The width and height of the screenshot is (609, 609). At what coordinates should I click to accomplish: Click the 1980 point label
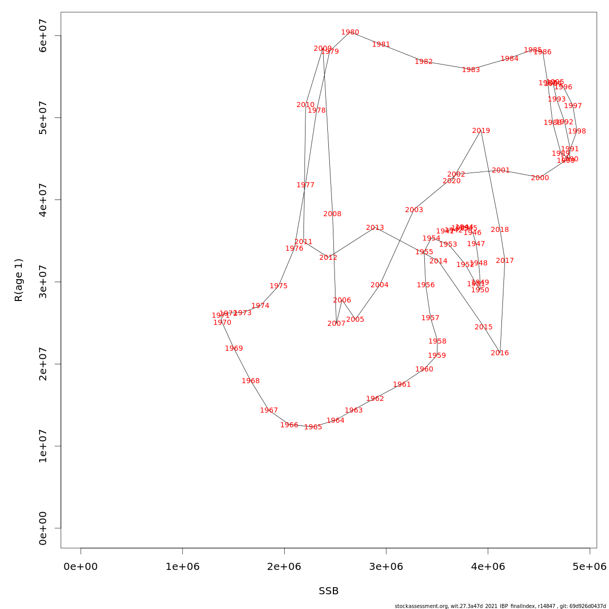[x=350, y=32]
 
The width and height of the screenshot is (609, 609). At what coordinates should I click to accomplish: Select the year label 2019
[x=481, y=131]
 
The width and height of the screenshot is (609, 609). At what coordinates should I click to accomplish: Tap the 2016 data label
[x=500, y=353]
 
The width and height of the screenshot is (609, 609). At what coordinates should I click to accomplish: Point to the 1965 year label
[x=313, y=427]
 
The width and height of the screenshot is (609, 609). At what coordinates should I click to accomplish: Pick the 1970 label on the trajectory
[x=222, y=323]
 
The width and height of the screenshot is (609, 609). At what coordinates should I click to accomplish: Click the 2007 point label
[x=336, y=324]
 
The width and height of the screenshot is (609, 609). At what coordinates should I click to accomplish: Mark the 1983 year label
[x=471, y=70]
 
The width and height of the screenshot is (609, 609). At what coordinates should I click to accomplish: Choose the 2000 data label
[x=540, y=178]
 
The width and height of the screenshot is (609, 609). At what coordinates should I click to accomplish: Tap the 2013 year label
[x=375, y=228]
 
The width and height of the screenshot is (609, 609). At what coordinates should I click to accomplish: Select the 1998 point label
[x=577, y=131]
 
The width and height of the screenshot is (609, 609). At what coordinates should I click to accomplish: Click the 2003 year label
[x=414, y=210]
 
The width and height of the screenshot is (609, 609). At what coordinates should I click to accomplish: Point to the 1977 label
[x=306, y=185]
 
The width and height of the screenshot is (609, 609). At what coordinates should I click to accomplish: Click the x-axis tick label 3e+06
[x=386, y=566]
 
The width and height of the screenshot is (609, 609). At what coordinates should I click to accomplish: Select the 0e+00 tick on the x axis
[x=81, y=566]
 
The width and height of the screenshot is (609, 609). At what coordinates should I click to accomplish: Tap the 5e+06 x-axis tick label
[x=590, y=566]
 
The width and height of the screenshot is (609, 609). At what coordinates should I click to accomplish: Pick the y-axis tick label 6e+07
[x=43, y=36]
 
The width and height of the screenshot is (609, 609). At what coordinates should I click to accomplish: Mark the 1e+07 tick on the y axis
[x=43, y=446]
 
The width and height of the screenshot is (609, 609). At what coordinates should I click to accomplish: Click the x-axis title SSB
[x=329, y=591]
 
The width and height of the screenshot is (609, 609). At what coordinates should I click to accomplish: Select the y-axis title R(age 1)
[x=19, y=280]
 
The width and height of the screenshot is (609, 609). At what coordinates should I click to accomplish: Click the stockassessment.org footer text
[x=500, y=606]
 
